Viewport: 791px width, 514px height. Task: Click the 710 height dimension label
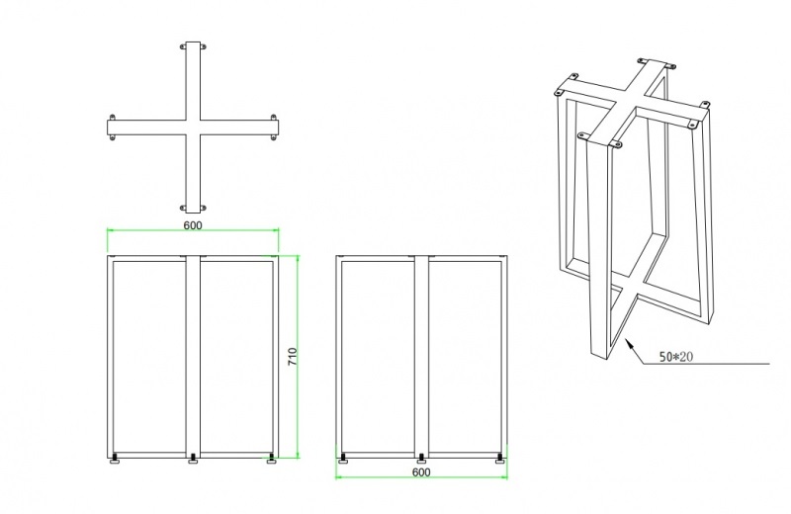click(x=293, y=357)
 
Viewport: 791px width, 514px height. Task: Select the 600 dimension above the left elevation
click(x=192, y=225)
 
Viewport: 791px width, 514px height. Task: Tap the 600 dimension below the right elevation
click(x=421, y=472)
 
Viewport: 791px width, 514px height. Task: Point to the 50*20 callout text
click(x=676, y=357)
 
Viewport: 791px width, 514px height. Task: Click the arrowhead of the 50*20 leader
click(x=629, y=343)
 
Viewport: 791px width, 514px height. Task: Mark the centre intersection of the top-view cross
click(x=193, y=128)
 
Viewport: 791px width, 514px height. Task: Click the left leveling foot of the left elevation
click(x=116, y=459)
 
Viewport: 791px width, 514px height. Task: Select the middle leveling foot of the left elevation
click(x=193, y=460)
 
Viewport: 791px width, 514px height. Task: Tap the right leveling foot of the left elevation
click(x=272, y=459)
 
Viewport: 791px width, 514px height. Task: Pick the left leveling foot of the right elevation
click(x=343, y=459)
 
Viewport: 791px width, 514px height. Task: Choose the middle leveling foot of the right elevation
click(x=421, y=460)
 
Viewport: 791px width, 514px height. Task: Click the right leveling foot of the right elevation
click(x=500, y=459)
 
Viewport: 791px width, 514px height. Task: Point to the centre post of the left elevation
click(x=193, y=357)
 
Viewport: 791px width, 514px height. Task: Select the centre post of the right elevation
click(x=422, y=357)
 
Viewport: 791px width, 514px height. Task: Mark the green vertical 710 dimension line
click(x=298, y=357)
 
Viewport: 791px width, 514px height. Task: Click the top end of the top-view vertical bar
click(x=193, y=42)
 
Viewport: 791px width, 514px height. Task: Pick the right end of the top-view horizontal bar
click(x=278, y=128)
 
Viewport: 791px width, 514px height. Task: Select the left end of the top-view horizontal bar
click(x=108, y=128)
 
